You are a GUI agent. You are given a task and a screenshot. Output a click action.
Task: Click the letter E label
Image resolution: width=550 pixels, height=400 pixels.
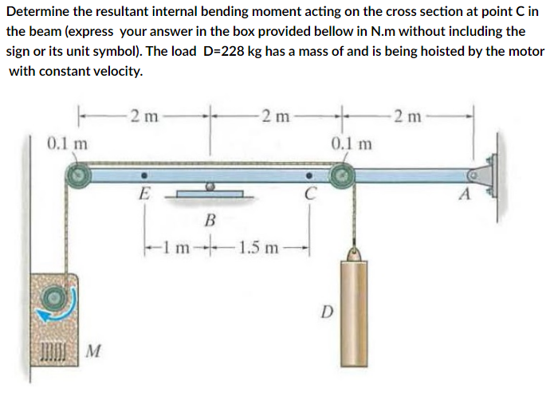coord(144,192)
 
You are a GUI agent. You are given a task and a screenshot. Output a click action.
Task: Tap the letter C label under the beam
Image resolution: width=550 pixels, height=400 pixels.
coord(309,192)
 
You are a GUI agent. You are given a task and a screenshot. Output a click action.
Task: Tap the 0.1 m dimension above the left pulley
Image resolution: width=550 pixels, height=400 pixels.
coord(66,143)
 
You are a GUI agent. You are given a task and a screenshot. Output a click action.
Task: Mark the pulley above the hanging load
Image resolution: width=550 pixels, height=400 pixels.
coord(344,175)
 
